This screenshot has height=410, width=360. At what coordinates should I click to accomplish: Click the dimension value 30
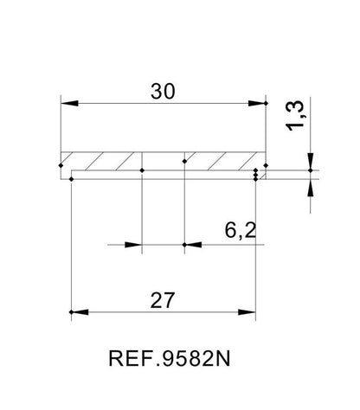pos(163,92)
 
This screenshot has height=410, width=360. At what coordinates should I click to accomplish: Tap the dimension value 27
pos(163,300)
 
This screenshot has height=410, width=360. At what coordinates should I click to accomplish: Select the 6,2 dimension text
pos(241,231)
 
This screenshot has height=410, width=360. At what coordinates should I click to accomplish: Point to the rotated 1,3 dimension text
pos(295,116)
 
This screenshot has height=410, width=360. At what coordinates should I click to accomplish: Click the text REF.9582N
pos(170,358)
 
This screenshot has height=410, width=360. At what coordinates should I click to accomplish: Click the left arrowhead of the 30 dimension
pos(69,103)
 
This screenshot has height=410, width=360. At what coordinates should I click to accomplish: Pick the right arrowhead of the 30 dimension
pos(257,103)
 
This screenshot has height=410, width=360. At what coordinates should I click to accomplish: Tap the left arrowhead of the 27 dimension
pos(80,312)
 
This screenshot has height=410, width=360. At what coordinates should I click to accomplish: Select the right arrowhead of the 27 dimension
pos(247,312)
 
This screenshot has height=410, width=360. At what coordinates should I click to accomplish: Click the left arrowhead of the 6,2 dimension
pos(133,245)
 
